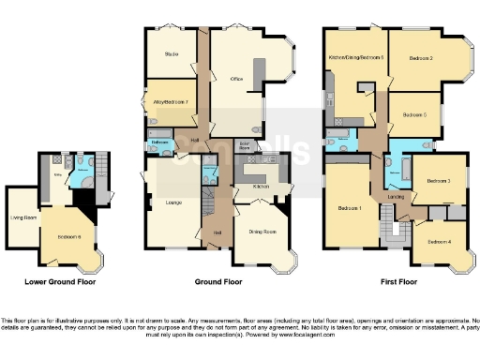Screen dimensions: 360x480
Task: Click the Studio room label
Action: [171, 53]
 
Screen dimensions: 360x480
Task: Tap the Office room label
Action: [236, 80]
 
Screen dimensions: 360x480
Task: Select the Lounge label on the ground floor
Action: [172, 202]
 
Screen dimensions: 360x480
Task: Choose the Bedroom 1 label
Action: [350, 207]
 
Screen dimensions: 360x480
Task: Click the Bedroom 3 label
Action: [439, 181]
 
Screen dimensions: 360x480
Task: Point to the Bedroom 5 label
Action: [414, 114]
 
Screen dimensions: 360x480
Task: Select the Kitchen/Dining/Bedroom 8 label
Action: [356, 58]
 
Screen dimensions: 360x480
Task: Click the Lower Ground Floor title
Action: [60, 281]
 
